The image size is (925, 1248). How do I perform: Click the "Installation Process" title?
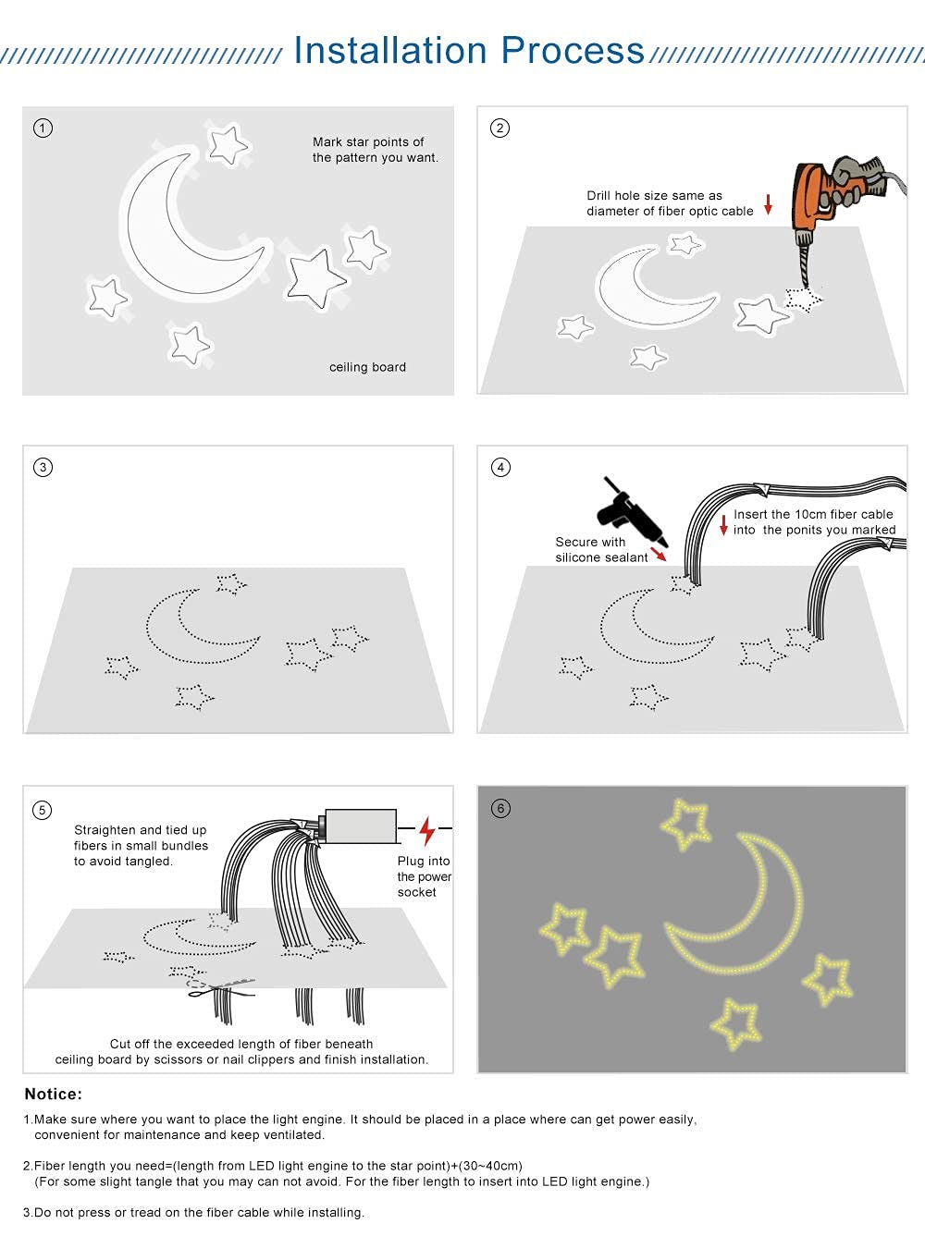click(x=468, y=50)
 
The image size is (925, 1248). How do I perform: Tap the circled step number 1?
click(x=43, y=128)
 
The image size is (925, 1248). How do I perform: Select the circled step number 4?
click(x=500, y=467)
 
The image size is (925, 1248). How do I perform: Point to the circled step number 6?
click(x=500, y=808)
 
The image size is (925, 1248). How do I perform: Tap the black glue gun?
click(x=629, y=516)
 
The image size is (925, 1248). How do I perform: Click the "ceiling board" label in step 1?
click(x=367, y=367)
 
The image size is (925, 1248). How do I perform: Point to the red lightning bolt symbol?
click(x=426, y=830)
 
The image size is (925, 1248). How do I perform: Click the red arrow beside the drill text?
click(x=768, y=203)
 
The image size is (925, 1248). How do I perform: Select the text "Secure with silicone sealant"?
click(x=601, y=549)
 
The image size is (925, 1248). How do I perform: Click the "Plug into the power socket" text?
click(x=424, y=876)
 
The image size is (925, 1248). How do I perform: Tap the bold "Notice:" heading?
click(x=54, y=1094)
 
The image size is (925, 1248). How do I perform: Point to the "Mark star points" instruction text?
click(x=375, y=150)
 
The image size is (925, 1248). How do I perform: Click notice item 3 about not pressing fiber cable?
click(x=194, y=1212)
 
